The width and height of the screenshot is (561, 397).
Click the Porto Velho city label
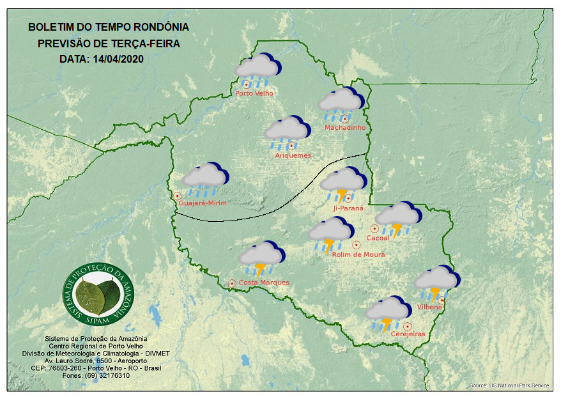[254, 93]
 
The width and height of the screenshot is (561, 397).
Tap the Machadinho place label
[345, 128]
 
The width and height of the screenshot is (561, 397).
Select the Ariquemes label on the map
[293, 155]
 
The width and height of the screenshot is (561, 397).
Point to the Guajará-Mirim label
[203, 203]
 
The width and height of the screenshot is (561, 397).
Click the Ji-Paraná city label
[348, 208]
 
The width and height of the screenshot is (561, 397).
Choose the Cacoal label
[378, 238]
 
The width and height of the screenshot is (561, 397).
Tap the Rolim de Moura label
[358, 254]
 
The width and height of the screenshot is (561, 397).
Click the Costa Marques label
[264, 283]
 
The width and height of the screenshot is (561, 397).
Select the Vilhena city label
[430, 307]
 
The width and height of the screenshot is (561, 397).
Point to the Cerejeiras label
[408, 334]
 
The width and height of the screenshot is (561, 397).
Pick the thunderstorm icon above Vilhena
[437, 282]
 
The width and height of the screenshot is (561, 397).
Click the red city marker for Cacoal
[374, 228]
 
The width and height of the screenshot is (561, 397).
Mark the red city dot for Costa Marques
[231, 283]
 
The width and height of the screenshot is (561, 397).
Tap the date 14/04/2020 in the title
[119, 59]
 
